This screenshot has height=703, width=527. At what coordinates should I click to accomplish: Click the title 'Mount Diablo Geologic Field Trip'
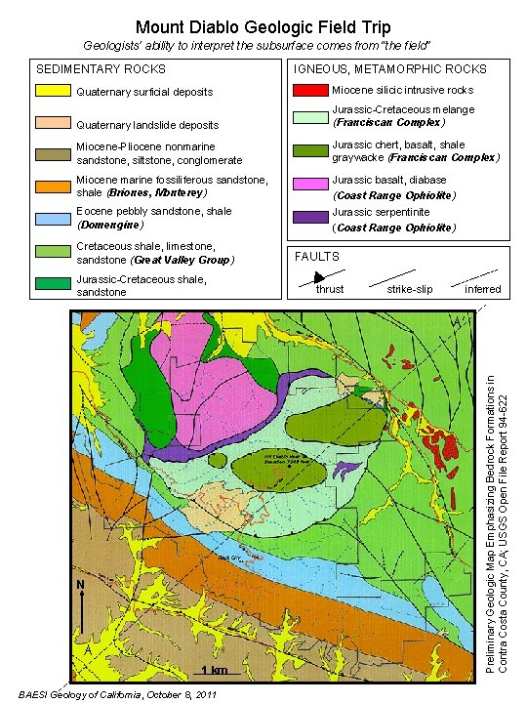pos(263,26)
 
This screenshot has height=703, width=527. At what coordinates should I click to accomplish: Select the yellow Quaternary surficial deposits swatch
pos(53,92)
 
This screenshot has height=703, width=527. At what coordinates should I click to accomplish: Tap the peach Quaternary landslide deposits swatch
pos(53,124)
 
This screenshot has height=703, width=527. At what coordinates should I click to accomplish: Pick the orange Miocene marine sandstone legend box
pos(53,186)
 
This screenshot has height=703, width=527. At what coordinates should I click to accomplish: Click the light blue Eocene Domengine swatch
pos(53,217)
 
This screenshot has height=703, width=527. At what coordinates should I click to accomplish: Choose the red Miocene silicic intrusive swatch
pos(309,90)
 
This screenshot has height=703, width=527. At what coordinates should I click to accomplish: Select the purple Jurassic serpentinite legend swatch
pos(309,217)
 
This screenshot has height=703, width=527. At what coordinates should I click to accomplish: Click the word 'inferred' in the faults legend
pos(482,290)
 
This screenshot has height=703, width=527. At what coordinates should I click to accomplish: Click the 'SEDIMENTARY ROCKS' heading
pos(101,69)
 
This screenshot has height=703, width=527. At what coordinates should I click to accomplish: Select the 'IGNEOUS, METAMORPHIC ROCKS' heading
pos(390,69)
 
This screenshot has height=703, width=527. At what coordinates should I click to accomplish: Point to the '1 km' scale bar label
pos(214,669)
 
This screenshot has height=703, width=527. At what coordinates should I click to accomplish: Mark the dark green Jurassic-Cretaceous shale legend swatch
pos(53,284)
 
